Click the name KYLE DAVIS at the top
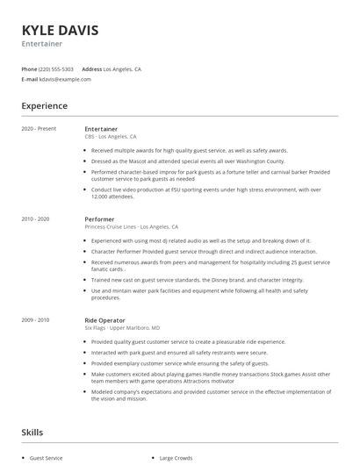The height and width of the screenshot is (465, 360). (x=60, y=30)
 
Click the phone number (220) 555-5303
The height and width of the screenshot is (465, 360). (x=57, y=68)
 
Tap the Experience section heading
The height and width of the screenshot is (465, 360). (x=44, y=106)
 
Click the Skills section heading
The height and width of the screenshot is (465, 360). (x=32, y=433)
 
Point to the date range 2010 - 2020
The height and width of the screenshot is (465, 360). (x=36, y=218)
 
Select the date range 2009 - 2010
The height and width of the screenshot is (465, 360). (x=36, y=320)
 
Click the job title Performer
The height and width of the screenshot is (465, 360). (x=99, y=218)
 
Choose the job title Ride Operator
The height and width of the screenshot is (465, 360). (x=105, y=320)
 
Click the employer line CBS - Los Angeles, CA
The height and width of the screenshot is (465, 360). (x=111, y=137)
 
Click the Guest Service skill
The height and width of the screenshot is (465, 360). (x=47, y=458)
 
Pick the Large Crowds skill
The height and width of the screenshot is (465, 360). (x=176, y=458)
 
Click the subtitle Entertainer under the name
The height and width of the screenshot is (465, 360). (x=41, y=43)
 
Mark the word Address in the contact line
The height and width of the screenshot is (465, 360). (x=91, y=68)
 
